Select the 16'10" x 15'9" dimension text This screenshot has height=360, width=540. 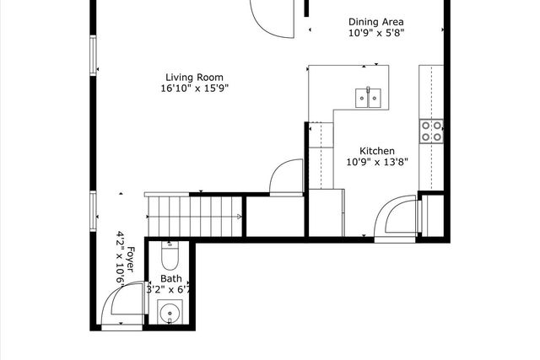(197, 88)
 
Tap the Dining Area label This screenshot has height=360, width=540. (376, 23)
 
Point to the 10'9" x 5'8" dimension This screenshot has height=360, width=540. (376, 34)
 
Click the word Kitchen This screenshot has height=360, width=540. (377, 151)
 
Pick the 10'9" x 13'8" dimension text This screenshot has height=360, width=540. (377, 162)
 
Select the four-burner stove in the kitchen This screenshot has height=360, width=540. (431, 130)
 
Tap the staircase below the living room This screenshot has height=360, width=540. (194, 217)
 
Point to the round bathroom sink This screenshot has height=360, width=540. (173, 314)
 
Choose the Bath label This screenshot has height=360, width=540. (171, 279)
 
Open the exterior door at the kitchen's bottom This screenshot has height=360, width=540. (396, 218)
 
